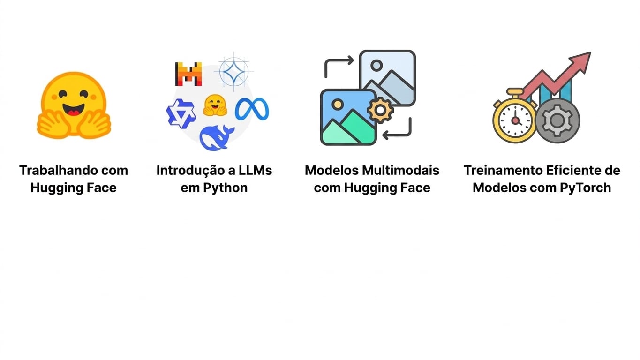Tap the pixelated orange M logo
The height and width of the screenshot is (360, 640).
(x=188, y=74)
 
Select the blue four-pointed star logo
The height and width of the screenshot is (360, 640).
(x=233, y=72)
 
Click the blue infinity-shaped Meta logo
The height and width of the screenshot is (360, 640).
(x=252, y=109)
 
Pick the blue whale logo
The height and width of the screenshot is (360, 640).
(x=217, y=138)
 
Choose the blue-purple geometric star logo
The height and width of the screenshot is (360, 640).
(x=181, y=113)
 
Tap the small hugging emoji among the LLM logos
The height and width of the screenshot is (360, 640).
(x=215, y=105)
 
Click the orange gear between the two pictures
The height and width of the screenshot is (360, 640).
(x=380, y=110)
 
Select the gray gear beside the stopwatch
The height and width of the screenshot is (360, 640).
(x=557, y=120)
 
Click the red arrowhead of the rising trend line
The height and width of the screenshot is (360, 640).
(x=581, y=62)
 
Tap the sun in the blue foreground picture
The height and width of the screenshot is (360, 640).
(x=338, y=104)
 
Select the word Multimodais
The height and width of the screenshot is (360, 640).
(x=400, y=170)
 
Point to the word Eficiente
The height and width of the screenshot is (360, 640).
(x=573, y=170)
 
